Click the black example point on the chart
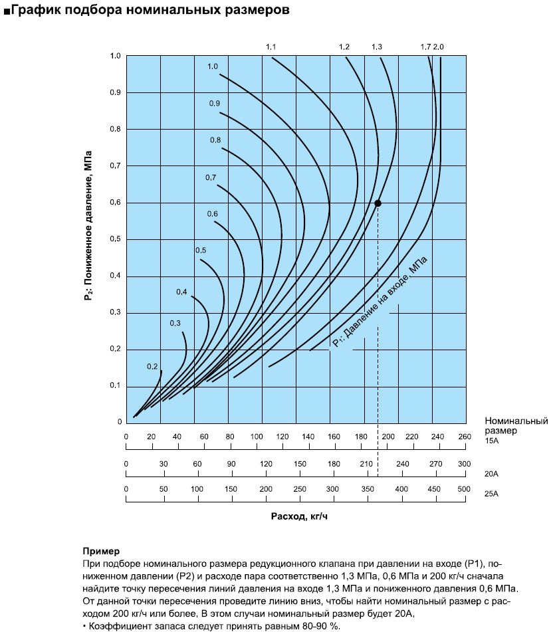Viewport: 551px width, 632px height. (378, 203)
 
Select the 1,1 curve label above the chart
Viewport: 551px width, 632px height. (271, 47)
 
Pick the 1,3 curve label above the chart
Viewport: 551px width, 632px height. (377, 47)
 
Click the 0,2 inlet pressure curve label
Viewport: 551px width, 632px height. (152, 366)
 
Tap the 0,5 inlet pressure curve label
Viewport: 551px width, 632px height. (201, 250)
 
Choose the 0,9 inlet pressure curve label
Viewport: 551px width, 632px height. (215, 104)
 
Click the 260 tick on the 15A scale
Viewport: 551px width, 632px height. (464, 437)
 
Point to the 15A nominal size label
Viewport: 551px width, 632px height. (492, 441)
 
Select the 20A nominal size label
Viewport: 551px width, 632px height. (492, 474)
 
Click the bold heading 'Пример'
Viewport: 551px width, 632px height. (101, 552)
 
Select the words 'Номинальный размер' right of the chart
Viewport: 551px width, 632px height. (516, 425)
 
